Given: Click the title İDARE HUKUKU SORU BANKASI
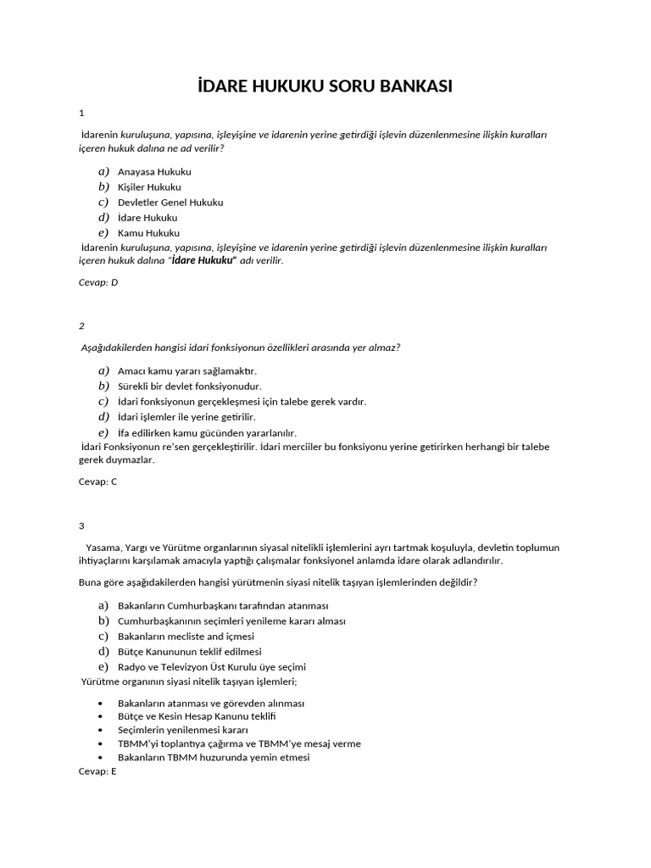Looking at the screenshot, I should tap(325, 86).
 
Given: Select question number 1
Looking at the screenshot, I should tap(81, 113).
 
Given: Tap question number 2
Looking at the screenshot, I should tap(81, 325).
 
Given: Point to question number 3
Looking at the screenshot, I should tap(81, 526).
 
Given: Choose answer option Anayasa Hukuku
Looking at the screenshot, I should tap(154, 171).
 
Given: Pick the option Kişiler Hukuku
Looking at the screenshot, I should tap(149, 186).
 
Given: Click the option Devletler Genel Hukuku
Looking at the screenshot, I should tap(170, 203).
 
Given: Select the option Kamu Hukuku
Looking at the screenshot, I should tap(148, 233).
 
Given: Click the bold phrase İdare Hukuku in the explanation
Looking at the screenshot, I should tap(203, 261).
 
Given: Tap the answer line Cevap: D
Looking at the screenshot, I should tap(97, 282).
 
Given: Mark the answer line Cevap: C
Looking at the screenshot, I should tap(97, 481).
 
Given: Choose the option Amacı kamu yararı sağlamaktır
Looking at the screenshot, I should tap(186, 371).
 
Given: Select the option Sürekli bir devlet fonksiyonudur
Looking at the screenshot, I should tap(189, 387).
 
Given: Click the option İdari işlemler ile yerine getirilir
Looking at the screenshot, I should tap(186, 417).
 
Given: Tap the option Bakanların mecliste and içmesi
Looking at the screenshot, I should tap(186, 637).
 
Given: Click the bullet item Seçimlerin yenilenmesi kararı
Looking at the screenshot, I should tap(182, 729).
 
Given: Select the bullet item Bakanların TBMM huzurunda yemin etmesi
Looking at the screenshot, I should tap(214, 758).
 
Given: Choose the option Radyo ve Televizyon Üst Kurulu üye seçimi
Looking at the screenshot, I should tap(212, 667).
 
